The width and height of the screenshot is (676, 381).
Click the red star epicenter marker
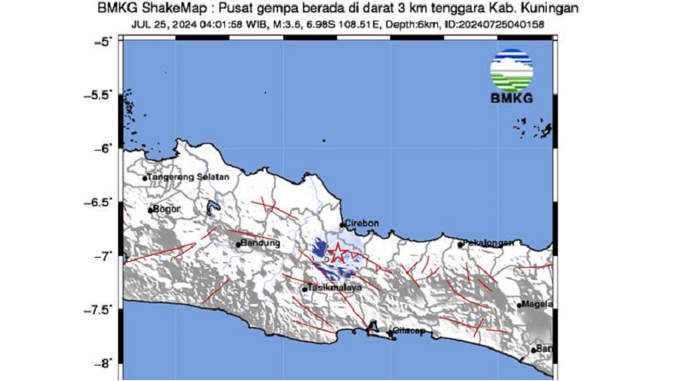point(337,252)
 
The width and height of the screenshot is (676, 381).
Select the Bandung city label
point(262,244)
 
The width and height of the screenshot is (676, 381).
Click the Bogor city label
point(165,208)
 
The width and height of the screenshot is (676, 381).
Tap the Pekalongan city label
point(489,243)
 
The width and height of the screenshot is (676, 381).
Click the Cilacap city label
point(410,332)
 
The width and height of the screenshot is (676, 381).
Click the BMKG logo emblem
point(512,69)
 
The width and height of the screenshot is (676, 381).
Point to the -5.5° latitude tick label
point(102,94)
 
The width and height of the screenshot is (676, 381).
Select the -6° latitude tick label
point(105,148)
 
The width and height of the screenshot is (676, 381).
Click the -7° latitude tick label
point(105,255)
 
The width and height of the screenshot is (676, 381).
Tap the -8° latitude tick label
point(105,362)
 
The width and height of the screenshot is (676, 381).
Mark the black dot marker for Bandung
point(239,245)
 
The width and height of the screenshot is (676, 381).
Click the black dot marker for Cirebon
point(342,225)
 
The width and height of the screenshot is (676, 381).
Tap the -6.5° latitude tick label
point(102,201)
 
